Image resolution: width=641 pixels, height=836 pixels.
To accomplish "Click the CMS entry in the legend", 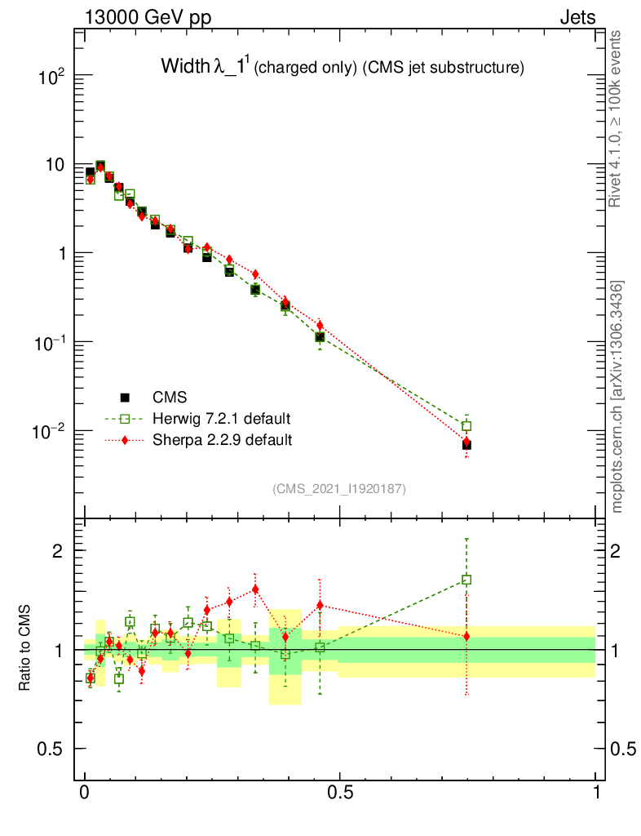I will pos(170,398).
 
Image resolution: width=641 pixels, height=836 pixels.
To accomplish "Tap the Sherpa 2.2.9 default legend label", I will pos(223,440).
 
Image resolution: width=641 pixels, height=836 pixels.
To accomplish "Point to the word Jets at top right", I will pos(577,16).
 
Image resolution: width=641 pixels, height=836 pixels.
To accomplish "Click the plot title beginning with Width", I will pos(342,68).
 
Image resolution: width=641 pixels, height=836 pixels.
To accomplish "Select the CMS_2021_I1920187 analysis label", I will pos(338,488).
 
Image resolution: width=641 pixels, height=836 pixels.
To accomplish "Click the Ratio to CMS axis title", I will pos(25,649).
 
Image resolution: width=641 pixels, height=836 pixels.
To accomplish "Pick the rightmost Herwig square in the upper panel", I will pos(466,426).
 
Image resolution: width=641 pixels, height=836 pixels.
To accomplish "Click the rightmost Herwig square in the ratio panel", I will pos(466,580).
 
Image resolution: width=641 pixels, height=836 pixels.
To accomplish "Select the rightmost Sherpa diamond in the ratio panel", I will pos(466,636).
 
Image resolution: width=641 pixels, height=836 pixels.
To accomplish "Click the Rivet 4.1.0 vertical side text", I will pos(617,118).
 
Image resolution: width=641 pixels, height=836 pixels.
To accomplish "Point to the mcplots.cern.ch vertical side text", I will pos(617,397).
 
